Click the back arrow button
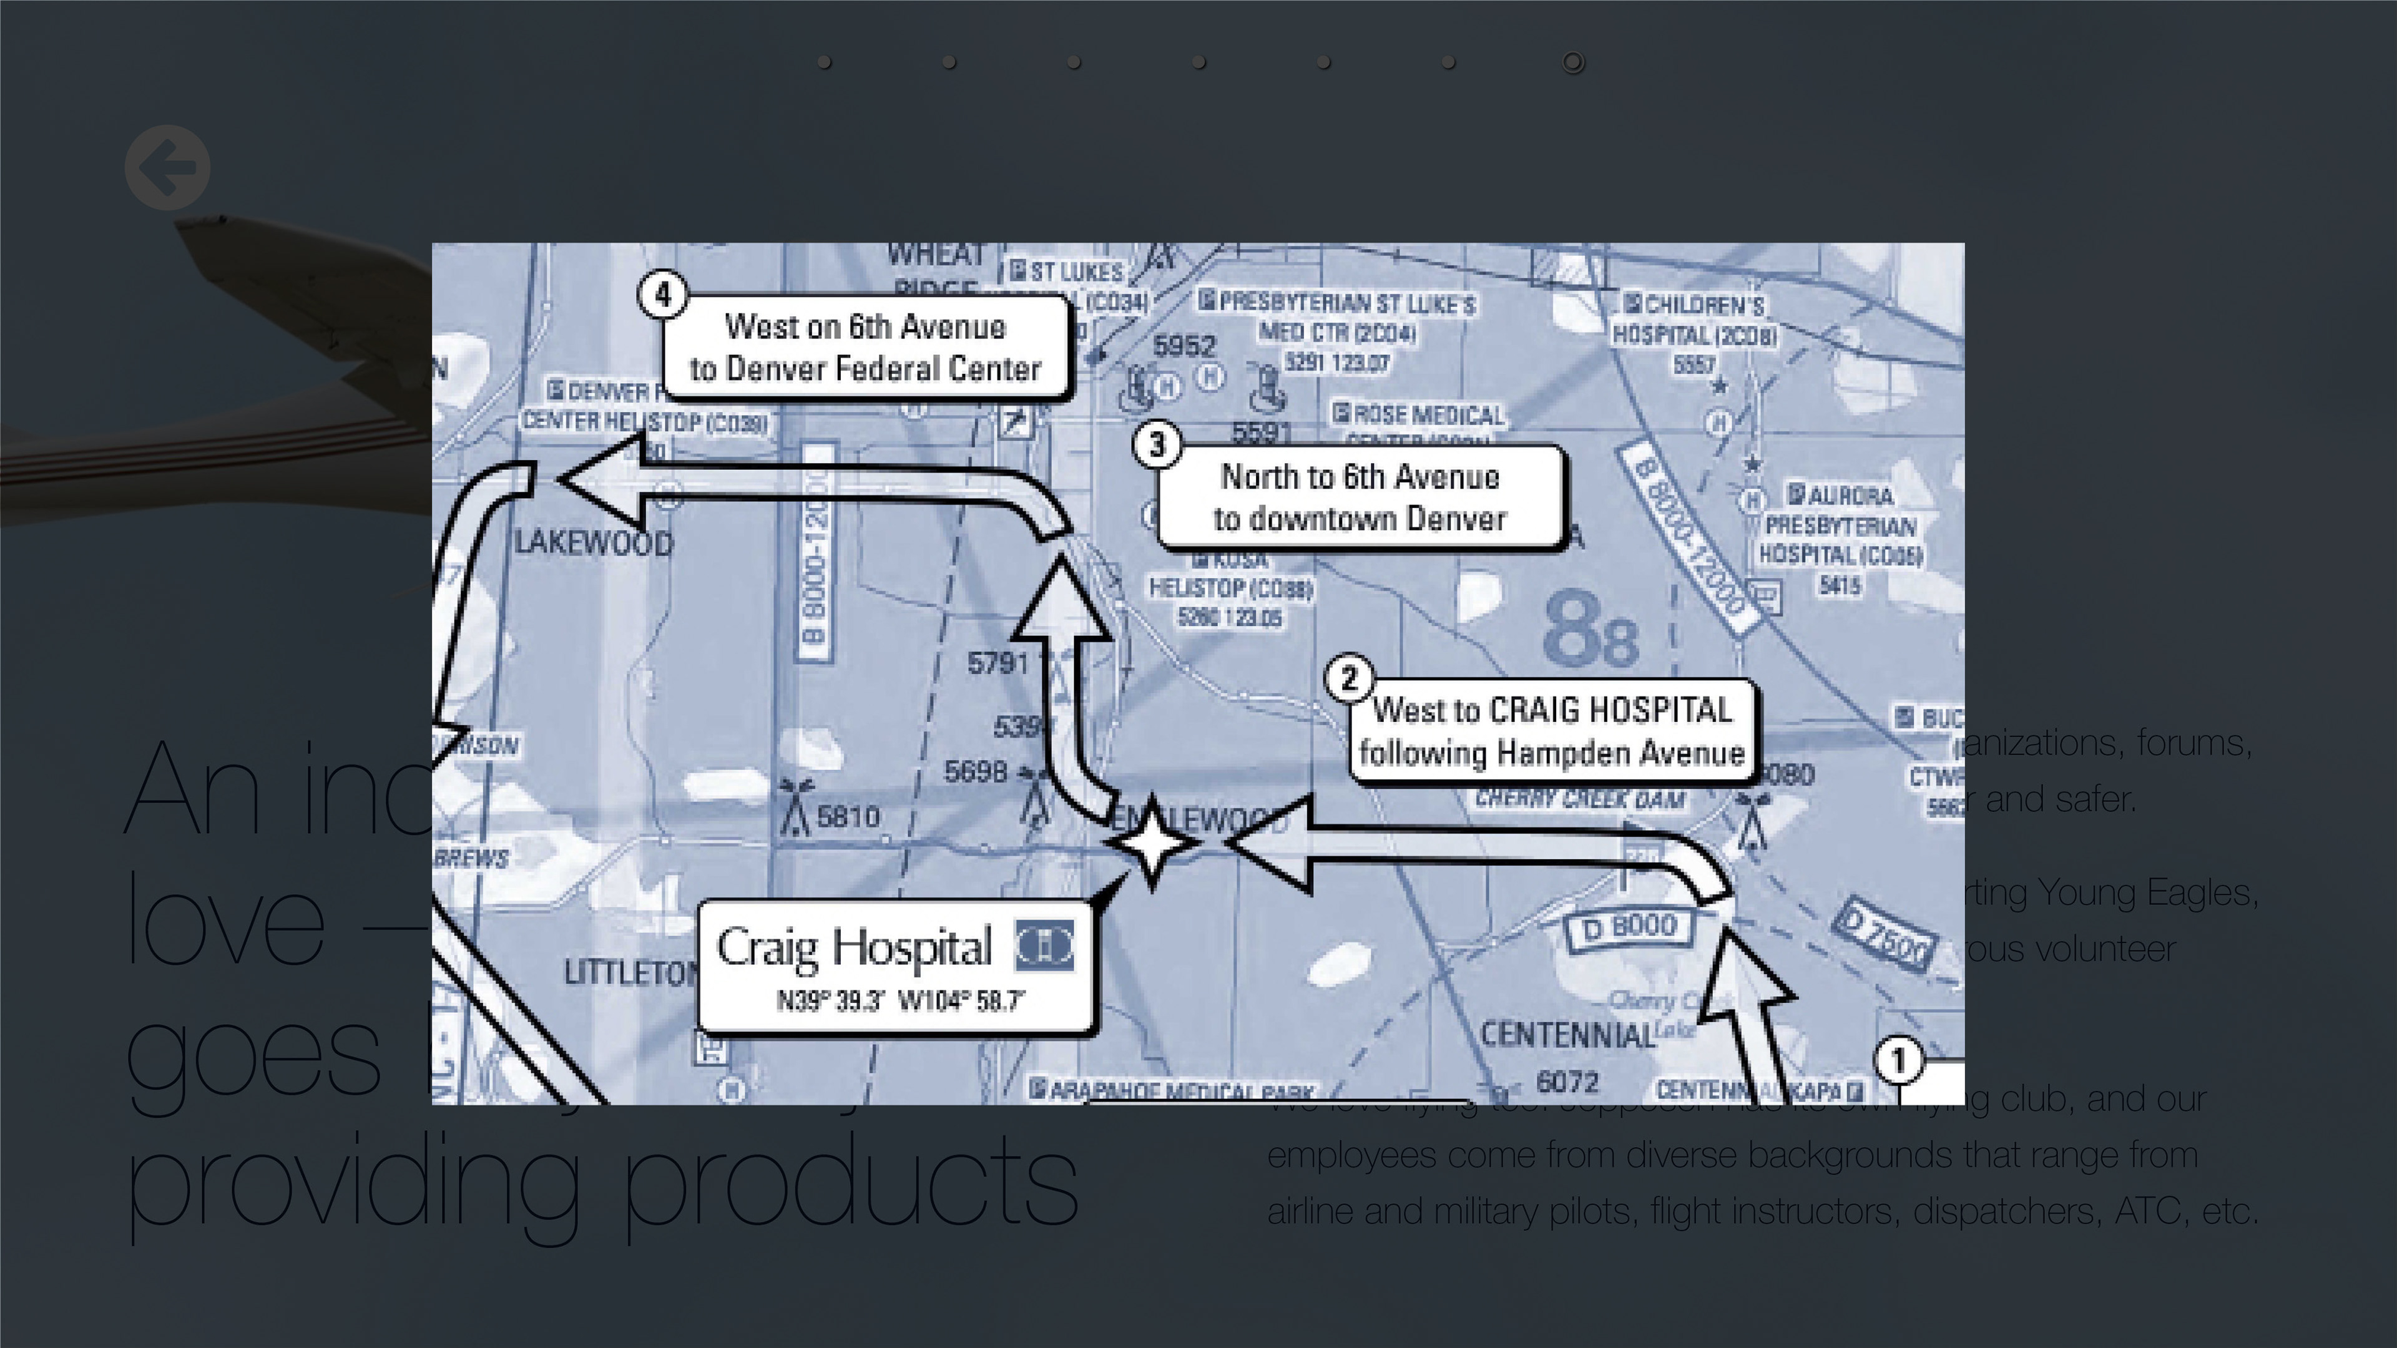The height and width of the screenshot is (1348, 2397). pos(167,167)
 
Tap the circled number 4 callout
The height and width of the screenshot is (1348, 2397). pos(662,295)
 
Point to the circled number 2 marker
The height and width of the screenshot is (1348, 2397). pos(1349,678)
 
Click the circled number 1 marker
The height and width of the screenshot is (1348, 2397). pos(1898,1060)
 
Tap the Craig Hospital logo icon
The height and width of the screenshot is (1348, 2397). pos(1044,946)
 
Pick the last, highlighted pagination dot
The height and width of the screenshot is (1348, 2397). pos(1572,62)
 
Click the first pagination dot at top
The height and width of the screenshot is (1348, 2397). pos(825,62)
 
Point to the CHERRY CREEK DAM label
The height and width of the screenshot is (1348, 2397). pos(1579,799)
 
